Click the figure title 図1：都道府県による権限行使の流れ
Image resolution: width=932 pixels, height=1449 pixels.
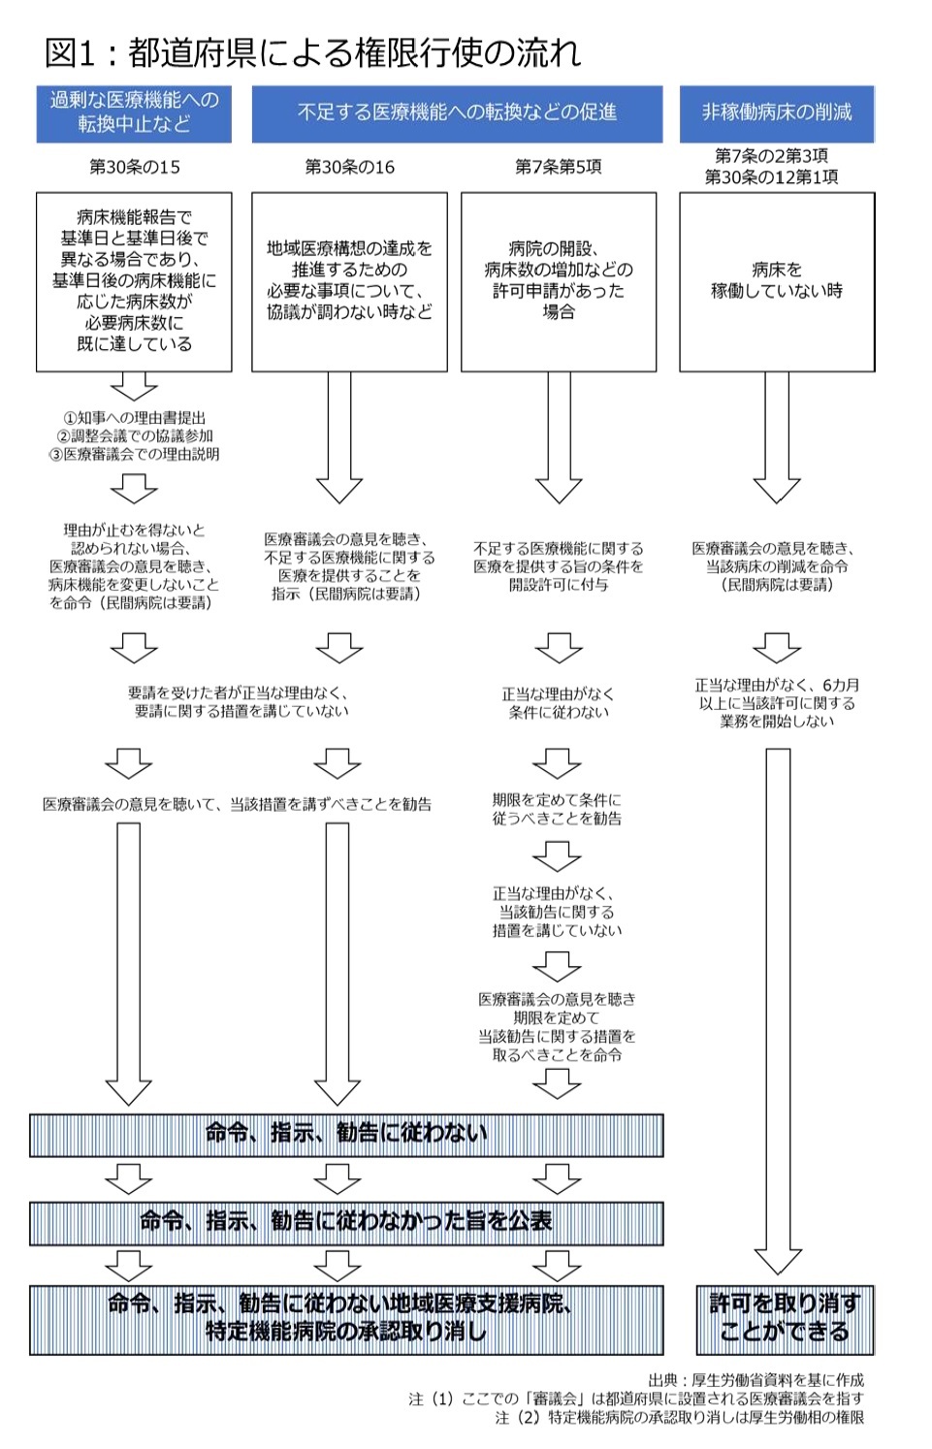click(x=312, y=52)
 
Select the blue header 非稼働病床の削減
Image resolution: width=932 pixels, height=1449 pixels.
click(x=777, y=113)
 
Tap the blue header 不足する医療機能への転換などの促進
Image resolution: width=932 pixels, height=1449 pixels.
click(x=457, y=113)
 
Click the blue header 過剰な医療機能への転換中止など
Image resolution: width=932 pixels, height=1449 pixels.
click(x=134, y=113)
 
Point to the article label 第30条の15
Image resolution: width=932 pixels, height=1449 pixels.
click(x=135, y=167)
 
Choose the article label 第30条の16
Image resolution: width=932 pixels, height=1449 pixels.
click(x=349, y=167)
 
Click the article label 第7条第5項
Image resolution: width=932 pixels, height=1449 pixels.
click(x=559, y=167)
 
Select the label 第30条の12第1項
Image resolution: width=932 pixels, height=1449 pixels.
click(x=772, y=177)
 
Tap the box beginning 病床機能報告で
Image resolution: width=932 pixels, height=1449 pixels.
click(x=134, y=281)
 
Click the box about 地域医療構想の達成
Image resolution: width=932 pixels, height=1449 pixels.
click(x=349, y=281)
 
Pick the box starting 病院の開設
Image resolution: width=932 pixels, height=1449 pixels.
click(x=559, y=281)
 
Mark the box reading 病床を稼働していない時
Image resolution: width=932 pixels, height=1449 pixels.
click(x=777, y=281)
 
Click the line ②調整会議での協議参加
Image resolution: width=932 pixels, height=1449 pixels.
click(x=135, y=436)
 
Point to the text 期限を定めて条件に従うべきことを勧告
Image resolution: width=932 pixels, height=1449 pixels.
click(x=557, y=809)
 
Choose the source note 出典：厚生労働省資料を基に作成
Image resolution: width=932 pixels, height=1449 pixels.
click(x=756, y=1380)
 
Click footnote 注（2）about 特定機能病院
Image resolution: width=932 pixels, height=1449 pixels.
click(x=680, y=1417)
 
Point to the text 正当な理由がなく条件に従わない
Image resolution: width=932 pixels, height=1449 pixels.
click(x=559, y=703)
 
